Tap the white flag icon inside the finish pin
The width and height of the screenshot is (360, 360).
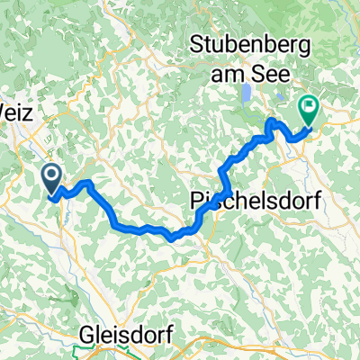(310, 108)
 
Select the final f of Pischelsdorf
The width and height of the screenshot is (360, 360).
(304, 201)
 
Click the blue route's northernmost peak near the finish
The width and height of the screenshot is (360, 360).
(272, 121)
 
